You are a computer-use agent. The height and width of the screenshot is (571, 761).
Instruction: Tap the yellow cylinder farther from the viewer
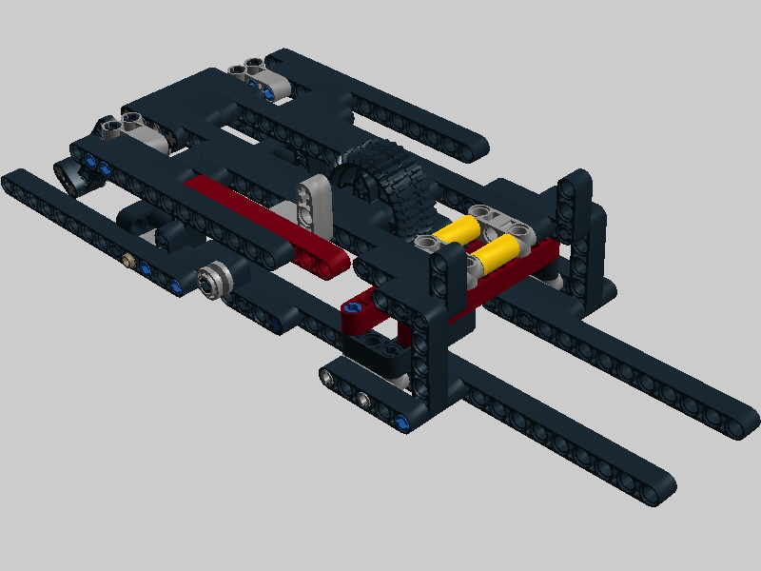click(459, 231)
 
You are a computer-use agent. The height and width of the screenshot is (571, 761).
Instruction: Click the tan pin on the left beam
click(128, 257)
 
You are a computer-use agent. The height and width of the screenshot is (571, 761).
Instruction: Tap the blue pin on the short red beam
click(355, 308)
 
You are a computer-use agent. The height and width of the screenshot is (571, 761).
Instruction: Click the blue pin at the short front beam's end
click(404, 421)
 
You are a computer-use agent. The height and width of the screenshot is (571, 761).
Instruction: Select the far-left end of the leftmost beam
click(13, 179)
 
